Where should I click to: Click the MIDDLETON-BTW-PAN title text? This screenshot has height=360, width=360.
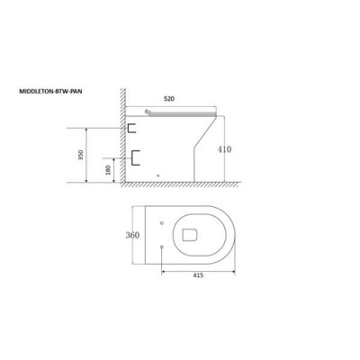[x=50, y=92]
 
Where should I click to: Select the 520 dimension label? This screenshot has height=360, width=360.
[x=169, y=99]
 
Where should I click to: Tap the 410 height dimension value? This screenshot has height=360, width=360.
[x=225, y=149]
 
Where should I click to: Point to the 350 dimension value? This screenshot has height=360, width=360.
[x=81, y=155]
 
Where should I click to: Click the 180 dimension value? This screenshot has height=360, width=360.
[x=108, y=170]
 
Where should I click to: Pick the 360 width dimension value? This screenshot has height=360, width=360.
[x=132, y=235]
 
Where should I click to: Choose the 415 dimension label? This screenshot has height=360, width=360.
[x=198, y=275]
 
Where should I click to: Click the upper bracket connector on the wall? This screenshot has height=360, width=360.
[x=131, y=128]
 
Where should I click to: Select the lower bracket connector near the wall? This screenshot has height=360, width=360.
[x=135, y=157]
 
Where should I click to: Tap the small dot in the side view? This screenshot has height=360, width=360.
[x=158, y=175]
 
